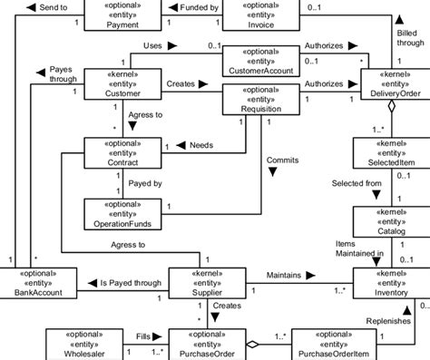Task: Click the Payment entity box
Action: point(122,15)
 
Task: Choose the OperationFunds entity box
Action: point(122,212)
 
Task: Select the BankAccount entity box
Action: point(38,281)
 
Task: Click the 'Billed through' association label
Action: point(410,36)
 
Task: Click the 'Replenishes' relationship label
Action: point(387,320)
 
